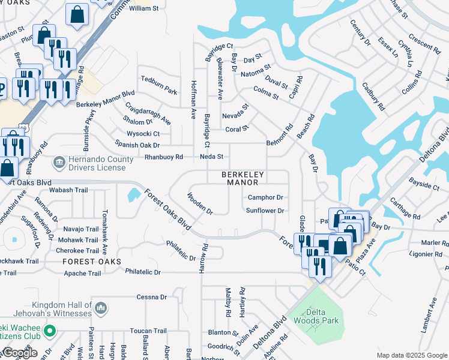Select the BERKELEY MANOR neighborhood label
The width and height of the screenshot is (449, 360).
(x=243, y=178)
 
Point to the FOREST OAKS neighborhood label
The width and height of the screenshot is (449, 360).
(x=91, y=262)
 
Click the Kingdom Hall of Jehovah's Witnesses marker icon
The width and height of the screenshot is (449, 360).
(x=100, y=308)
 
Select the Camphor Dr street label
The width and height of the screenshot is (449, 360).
(x=265, y=197)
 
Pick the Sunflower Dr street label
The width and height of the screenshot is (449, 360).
(x=264, y=211)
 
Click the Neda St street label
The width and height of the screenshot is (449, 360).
(x=211, y=157)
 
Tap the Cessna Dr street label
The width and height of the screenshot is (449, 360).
(x=151, y=297)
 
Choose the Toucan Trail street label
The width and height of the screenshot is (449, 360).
(x=148, y=331)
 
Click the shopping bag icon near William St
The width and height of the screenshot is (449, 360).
(x=77, y=14)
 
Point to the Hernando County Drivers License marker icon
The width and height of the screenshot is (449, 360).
(x=59, y=161)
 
